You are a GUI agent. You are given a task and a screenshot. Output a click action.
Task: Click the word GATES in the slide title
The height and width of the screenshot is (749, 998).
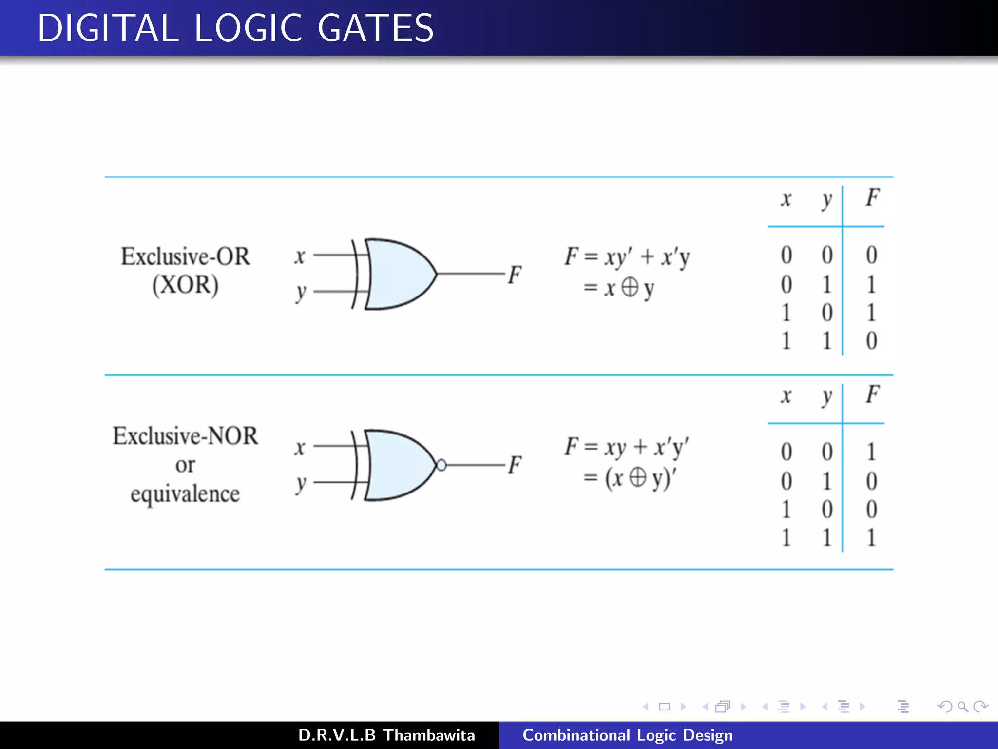375,28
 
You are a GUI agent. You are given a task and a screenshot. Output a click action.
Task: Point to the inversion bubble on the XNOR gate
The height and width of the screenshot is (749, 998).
441,465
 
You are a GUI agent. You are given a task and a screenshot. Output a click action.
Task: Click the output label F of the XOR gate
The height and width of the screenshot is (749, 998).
515,275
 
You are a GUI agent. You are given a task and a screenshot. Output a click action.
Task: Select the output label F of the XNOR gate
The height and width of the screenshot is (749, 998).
515,465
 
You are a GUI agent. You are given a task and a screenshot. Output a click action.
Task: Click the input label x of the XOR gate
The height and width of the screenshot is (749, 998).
300,256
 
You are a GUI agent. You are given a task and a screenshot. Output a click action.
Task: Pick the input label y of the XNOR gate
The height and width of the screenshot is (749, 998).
301,484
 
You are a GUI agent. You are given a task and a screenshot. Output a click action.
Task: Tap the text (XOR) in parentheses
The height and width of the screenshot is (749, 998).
185,285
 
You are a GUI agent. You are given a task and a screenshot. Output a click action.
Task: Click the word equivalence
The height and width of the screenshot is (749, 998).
185,494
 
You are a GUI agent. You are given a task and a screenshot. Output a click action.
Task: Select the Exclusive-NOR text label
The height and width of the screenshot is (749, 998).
185,435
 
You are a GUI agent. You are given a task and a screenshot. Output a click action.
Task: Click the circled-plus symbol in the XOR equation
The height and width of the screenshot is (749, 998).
630,287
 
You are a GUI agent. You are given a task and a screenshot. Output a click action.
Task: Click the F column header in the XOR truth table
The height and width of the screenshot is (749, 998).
872,198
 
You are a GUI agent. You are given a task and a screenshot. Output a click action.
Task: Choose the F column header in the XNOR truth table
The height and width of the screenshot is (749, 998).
872,394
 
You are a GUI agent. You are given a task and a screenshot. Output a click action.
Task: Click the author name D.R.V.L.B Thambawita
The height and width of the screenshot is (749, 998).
386,735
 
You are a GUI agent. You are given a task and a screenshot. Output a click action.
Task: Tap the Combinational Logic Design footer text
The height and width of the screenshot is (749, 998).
628,735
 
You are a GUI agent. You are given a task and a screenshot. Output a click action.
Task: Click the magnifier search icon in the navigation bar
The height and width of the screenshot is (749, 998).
962,707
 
